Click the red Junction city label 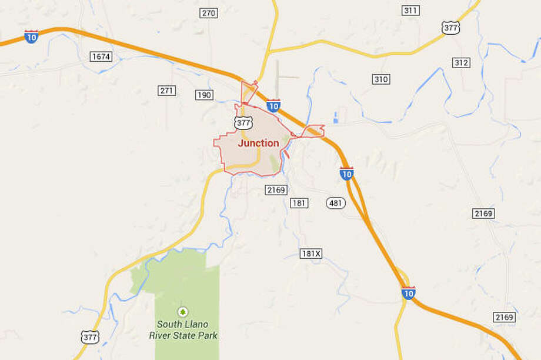point(258,143)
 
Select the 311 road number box point(410,11)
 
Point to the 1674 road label point(101,56)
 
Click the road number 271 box point(167,91)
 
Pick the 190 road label point(204,95)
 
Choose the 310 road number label point(381,79)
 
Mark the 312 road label point(462,63)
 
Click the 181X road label point(311,254)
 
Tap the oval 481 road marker point(335,202)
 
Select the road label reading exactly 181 point(299,202)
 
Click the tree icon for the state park point(182,311)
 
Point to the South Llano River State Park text point(187,329)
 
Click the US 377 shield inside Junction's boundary point(242,122)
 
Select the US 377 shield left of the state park point(89,336)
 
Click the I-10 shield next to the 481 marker point(346,174)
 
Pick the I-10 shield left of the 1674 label point(32,36)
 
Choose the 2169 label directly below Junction point(275,189)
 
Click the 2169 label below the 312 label point(483,213)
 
